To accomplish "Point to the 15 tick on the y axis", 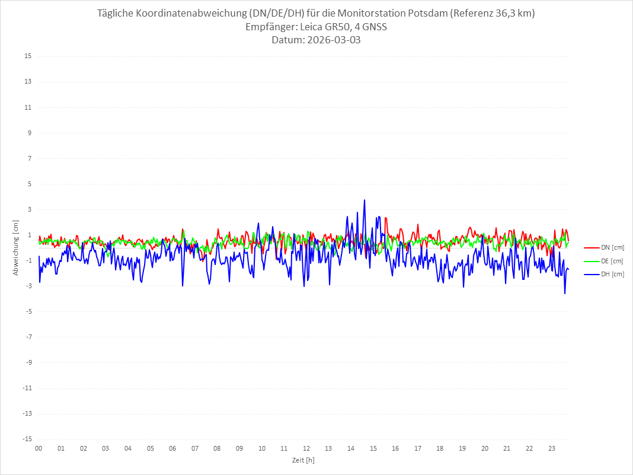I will point(28,56).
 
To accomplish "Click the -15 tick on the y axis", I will point(27,439).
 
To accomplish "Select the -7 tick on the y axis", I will point(28,337).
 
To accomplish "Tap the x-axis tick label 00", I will point(39,448).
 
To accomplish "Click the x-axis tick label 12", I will point(306,448).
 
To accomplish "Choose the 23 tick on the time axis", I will point(552,448).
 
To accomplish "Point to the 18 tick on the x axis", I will point(440,448).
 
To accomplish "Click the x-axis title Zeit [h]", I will point(303,460).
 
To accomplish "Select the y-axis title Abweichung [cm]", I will point(16,247).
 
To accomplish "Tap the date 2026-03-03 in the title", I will point(333,40).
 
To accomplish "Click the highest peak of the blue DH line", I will point(365,200).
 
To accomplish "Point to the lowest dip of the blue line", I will point(565,294).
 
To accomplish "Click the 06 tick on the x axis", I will point(172,448).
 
